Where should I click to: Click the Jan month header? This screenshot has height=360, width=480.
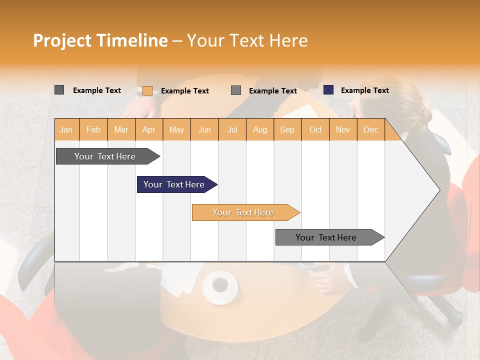click(x=66, y=129)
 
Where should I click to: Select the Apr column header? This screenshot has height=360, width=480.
click(x=148, y=129)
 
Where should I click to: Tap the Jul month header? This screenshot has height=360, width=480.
click(x=232, y=129)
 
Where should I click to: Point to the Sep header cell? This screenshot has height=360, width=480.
click(x=287, y=129)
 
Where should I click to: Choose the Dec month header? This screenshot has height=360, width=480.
click(x=370, y=129)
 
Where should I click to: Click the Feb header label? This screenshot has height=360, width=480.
click(x=93, y=129)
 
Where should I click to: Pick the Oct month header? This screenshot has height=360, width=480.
click(x=315, y=129)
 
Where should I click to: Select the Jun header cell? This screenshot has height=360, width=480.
click(x=204, y=129)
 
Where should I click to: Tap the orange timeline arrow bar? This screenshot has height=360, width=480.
click(x=244, y=212)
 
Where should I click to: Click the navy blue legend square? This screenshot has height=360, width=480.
click(x=328, y=90)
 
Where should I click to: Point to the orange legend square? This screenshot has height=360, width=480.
click(x=147, y=90)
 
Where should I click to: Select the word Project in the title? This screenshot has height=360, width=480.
click(x=62, y=40)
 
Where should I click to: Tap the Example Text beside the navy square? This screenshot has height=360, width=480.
click(x=364, y=90)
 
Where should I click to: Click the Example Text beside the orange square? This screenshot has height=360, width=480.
click(x=184, y=91)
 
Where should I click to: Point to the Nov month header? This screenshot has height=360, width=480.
click(x=343, y=129)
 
